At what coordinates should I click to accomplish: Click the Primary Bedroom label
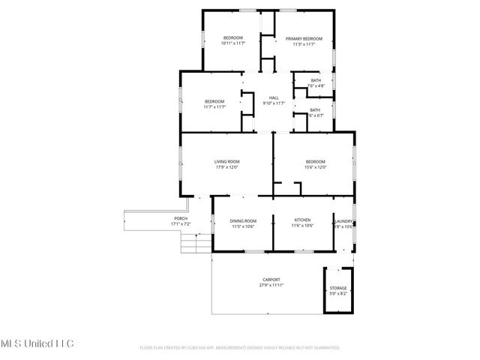[304, 38]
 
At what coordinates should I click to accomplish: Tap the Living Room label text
[226, 161]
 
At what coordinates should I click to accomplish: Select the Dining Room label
[243, 220]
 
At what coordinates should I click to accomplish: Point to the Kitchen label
[302, 220]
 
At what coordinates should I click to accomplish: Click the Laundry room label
[344, 221]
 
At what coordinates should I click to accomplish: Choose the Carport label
[271, 280]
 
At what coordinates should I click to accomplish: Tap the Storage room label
[337, 288]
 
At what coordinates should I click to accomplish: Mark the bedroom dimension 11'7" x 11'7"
[214, 106]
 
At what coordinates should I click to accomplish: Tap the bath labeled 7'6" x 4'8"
[316, 85]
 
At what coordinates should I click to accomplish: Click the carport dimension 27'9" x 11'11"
[271, 285]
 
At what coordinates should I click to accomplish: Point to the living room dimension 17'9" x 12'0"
[226, 166]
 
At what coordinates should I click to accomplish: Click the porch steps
[193, 243]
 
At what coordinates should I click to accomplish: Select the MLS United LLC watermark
[37, 343]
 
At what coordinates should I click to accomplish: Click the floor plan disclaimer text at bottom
[240, 348]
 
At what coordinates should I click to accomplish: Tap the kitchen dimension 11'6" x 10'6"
[302, 226]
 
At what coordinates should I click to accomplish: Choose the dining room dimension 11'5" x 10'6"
[243, 226]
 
